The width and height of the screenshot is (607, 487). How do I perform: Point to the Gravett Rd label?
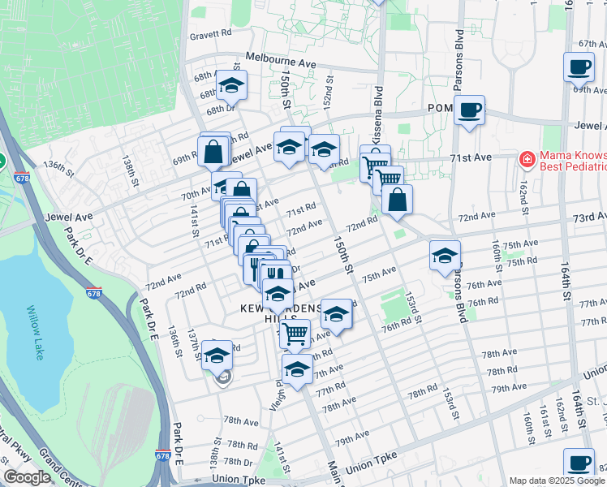(x=211, y=35)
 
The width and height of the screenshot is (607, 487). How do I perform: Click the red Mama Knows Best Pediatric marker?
(x=527, y=158)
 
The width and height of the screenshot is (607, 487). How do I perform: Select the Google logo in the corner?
(x=26, y=477)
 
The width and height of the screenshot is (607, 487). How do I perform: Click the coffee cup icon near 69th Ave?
(x=579, y=67)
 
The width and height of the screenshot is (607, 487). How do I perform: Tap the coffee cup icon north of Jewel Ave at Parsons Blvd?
(x=469, y=109)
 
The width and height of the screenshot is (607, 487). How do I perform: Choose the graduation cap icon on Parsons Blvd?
(x=445, y=256)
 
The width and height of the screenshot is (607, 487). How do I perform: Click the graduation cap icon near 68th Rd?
(x=231, y=84)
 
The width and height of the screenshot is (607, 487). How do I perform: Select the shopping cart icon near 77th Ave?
(x=295, y=331)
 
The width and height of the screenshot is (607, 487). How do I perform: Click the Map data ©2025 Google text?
(x=557, y=481)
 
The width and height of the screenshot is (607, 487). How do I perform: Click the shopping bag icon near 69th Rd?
(x=213, y=151)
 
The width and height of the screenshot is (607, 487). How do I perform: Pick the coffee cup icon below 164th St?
(x=579, y=463)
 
